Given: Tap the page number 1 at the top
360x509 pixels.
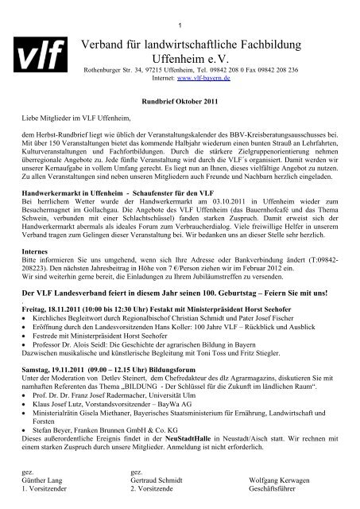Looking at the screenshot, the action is tap(180, 7).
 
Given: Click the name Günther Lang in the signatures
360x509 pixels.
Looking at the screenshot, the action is tap(45, 480).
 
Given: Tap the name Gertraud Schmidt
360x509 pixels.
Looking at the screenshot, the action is tap(157, 480).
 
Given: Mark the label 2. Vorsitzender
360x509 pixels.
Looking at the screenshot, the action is tap(155, 488).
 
